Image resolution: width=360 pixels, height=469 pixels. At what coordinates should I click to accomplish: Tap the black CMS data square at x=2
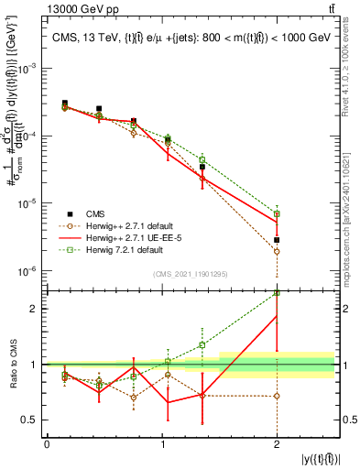pos(276,240)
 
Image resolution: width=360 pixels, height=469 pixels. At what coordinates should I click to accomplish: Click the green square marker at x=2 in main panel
pos(276,213)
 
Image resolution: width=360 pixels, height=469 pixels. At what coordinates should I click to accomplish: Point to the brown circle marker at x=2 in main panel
pos(276,251)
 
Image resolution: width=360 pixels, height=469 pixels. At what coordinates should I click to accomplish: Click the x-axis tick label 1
pos(161,444)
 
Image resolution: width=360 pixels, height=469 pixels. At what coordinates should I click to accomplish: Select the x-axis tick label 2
pos(276,444)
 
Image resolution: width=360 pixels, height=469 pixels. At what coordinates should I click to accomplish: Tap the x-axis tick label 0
pos(47,444)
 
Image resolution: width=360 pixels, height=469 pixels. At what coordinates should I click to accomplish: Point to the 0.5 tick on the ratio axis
pos(34,420)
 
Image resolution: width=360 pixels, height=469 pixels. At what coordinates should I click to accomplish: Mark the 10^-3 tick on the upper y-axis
pos(29,69)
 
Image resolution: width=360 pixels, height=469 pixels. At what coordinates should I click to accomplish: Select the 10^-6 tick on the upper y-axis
pos(29,271)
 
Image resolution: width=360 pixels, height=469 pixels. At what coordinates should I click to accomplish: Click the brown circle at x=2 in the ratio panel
pos(276,396)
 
